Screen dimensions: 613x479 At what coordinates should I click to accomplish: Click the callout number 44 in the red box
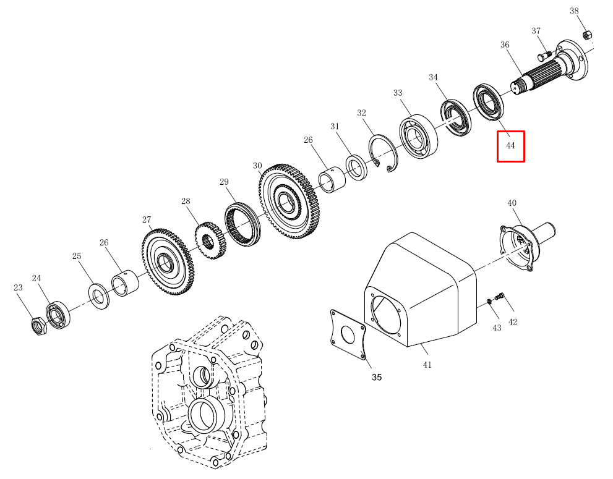click(510, 146)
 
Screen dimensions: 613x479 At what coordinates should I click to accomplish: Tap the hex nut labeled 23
click(39, 326)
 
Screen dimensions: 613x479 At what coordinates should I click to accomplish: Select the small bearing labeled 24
click(58, 315)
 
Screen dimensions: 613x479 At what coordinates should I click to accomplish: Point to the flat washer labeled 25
click(100, 297)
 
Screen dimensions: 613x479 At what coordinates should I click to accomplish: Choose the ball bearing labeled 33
click(418, 137)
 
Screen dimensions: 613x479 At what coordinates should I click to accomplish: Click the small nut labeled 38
click(587, 35)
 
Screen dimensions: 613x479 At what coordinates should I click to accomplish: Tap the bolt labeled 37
click(544, 55)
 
